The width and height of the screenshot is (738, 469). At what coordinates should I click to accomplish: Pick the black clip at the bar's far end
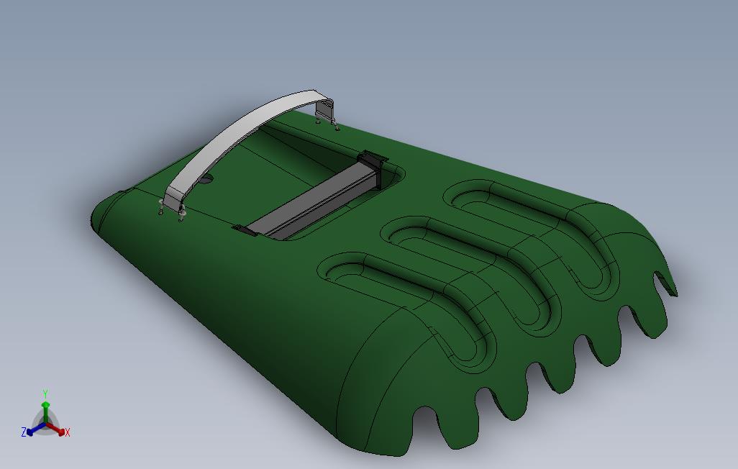pos(373,158)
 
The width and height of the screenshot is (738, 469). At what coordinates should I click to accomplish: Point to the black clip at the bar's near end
pos(245,230)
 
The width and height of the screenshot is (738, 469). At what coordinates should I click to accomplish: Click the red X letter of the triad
pos(67,432)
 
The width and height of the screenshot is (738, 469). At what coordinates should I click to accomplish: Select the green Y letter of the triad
pos(45,393)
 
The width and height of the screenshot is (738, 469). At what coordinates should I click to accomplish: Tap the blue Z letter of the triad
pos(24,432)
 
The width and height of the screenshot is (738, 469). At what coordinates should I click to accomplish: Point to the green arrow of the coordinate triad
pos(45,410)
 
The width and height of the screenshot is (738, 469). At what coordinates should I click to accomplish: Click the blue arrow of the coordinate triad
pos(33,430)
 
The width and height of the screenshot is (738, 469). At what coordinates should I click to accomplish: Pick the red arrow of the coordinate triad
pos(58,430)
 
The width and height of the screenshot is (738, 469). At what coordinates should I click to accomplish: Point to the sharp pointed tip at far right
pos(676,294)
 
